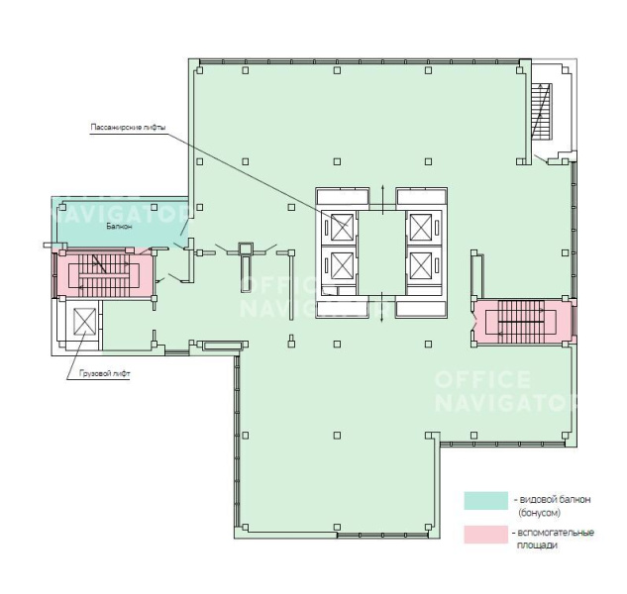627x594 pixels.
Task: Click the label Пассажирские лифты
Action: point(128,128)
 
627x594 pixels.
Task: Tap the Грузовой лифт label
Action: point(105,374)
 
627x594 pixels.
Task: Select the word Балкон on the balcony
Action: point(119,227)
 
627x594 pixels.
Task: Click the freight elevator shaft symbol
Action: point(85,322)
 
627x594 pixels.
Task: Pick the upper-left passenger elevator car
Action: point(343,228)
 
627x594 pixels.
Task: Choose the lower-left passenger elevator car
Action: point(343,265)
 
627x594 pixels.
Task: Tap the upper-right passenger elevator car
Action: point(421,228)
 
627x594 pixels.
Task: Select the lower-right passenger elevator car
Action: point(421,265)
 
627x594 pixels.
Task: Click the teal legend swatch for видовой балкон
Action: point(485,501)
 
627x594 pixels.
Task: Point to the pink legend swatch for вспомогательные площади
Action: point(485,535)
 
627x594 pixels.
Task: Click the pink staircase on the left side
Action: point(103,274)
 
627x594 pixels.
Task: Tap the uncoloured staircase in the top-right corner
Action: point(541,111)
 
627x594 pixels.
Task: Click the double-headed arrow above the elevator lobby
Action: point(383,198)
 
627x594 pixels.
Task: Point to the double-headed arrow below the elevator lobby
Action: point(383,307)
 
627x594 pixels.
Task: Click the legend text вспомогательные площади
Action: point(555,539)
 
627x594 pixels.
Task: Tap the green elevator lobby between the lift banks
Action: point(382,251)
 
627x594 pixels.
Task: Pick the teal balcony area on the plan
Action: point(120,222)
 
